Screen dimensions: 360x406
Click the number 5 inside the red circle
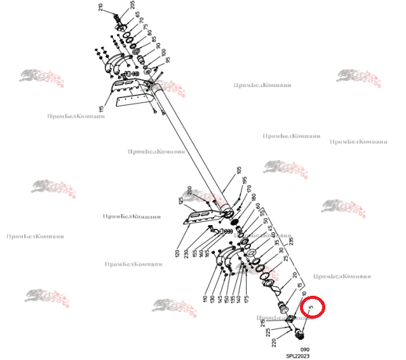pyautogui.click(x=311, y=308)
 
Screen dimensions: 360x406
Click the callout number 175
pyautogui.click(x=245, y=296)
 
